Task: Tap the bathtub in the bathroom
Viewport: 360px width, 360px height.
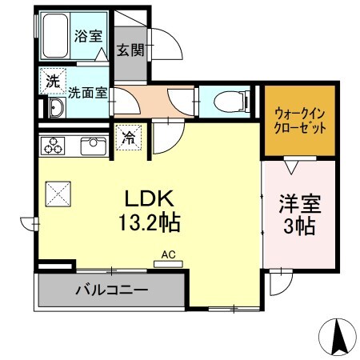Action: (x=55, y=35)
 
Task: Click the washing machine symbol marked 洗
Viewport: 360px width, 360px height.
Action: (x=52, y=81)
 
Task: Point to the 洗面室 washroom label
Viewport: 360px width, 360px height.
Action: (x=87, y=92)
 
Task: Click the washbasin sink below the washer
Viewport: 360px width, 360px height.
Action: (x=57, y=109)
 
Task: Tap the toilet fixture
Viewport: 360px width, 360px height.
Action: (x=228, y=101)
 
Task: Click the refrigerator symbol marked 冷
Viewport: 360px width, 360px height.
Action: (x=128, y=138)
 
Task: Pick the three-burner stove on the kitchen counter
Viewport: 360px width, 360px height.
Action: (x=54, y=146)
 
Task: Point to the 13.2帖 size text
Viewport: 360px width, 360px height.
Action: (x=150, y=222)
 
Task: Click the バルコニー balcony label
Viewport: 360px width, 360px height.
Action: (x=111, y=289)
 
